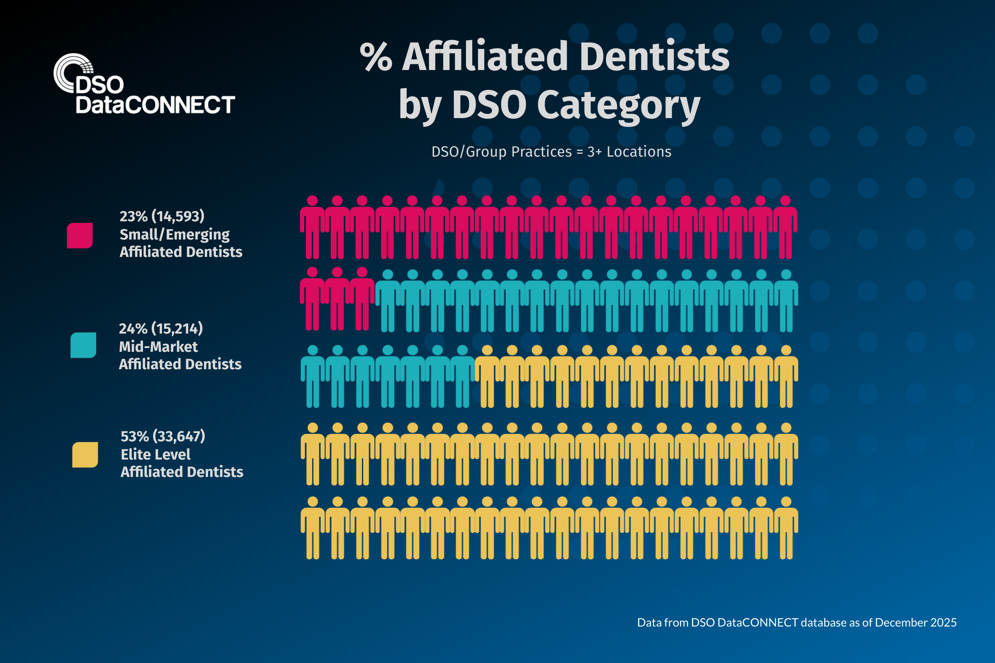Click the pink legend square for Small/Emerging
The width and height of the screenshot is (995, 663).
point(80,235)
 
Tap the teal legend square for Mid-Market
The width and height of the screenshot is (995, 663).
point(83,345)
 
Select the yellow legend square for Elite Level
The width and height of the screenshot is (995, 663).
point(85,455)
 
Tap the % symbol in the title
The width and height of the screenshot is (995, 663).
point(376,57)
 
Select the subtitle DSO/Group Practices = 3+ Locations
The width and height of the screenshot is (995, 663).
point(551,152)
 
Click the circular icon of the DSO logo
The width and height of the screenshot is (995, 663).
point(72,73)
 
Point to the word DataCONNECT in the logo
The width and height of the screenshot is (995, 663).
point(155,105)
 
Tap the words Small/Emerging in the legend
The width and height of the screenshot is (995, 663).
point(174,234)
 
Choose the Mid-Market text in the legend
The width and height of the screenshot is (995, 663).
point(158,347)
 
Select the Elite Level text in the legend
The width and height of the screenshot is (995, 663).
point(156,455)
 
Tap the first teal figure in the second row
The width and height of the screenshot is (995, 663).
point(388,300)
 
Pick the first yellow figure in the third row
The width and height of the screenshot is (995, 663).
point(488,376)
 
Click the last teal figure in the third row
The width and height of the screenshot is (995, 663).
point(462,376)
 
